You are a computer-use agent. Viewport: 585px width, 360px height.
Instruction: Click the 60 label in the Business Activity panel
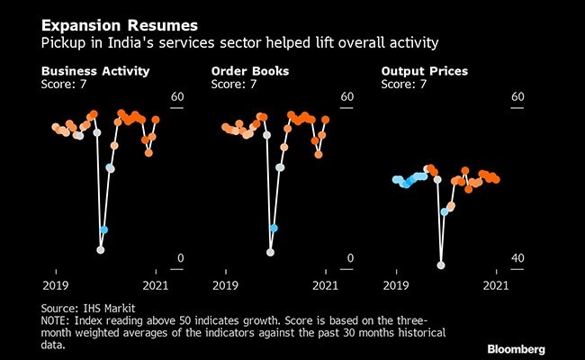click(x=177, y=97)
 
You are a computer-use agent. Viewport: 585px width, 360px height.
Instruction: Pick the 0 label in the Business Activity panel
click(x=180, y=258)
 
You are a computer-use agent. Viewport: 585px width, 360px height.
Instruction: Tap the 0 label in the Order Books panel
click(x=350, y=258)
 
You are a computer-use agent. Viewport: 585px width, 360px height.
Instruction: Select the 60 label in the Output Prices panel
click(x=517, y=97)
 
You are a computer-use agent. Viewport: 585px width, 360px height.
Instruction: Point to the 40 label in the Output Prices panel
click(x=517, y=258)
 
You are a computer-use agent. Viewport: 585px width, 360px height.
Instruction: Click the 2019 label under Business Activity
click(x=55, y=284)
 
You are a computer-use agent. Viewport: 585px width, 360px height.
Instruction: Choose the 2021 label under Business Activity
click(x=157, y=284)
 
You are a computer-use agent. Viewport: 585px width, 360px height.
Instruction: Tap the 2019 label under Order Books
click(x=225, y=284)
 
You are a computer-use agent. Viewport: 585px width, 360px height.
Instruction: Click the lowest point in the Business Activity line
click(x=101, y=250)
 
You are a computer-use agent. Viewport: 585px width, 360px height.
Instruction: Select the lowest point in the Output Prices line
click(x=441, y=265)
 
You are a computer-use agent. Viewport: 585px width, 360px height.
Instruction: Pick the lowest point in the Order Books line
click(x=270, y=252)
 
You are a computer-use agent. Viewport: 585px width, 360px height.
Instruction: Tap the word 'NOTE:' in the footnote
click(x=59, y=320)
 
